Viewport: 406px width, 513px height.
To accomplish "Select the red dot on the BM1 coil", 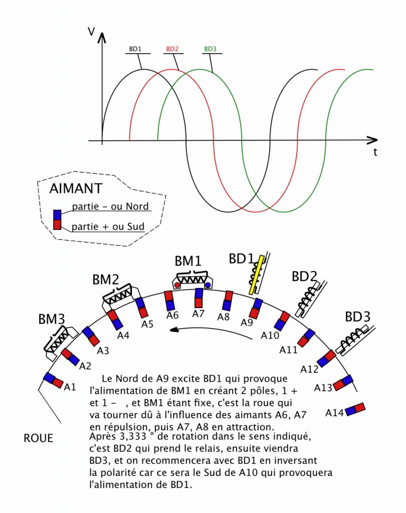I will [177, 286].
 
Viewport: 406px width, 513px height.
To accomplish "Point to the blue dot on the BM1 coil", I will [208, 286].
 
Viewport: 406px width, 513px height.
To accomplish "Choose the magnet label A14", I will [334, 412].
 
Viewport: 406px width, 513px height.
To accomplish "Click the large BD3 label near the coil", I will [357, 317].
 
